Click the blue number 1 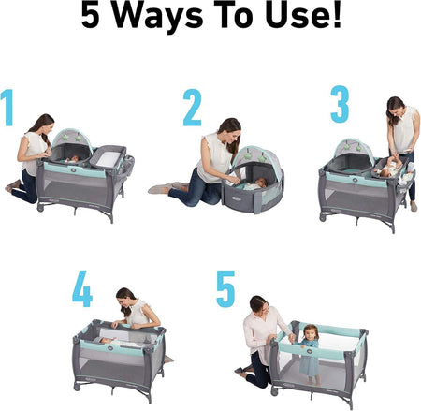click(7, 108)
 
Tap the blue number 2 click(192, 108)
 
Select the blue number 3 click(340, 104)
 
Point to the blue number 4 click(82, 288)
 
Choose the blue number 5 click(225, 288)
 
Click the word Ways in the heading click(157, 16)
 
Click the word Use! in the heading click(303, 15)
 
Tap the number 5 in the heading click(90, 15)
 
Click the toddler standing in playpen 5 click(309, 354)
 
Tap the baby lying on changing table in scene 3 click(389, 167)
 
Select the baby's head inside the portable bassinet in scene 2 click(262, 183)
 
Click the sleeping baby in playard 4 click(120, 343)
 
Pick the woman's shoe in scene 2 click(160, 189)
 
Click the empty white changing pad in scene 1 click(109, 159)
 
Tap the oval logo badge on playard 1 click(73, 170)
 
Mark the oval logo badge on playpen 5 click(310, 351)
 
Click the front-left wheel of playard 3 click(323, 217)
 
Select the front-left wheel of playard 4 click(77, 388)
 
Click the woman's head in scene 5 click(259, 305)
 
